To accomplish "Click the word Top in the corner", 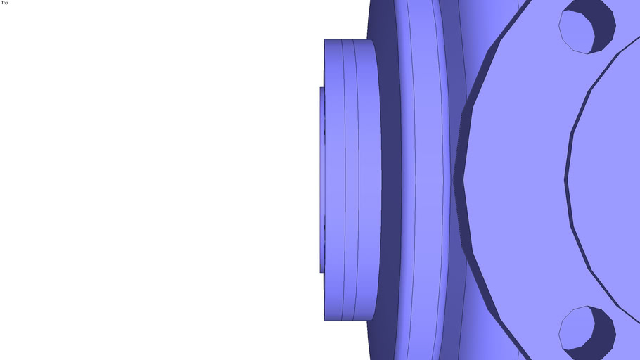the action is click(x=4, y=3).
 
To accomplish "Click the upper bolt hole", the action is click(x=587, y=27).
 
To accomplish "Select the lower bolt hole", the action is click(x=587, y=333).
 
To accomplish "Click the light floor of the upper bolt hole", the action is click(x=576, y=32).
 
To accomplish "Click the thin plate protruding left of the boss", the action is click(x=322, y=179).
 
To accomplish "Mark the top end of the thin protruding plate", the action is click(x=322, y=87).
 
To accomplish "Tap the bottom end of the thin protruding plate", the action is click(x=322, y=272).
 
